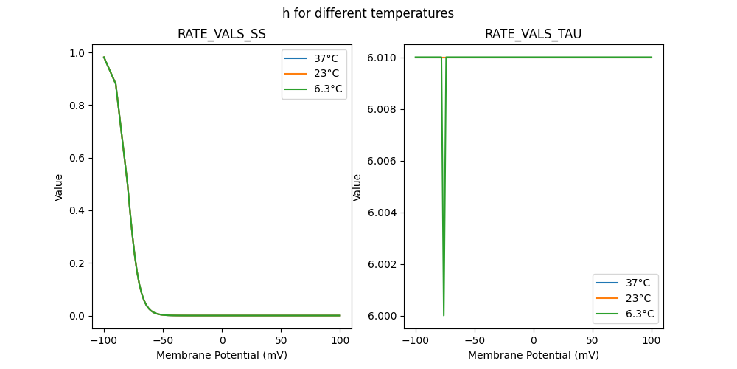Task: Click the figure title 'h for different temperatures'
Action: click(x=368, y=13)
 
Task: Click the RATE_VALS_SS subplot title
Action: click(x=222, y=34)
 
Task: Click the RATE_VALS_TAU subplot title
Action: click(x=533, y=34)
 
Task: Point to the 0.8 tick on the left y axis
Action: click(x=77, y=106)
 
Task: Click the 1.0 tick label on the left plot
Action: click(x=77, y=53)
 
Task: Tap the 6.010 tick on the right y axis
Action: click(x=383, y=58)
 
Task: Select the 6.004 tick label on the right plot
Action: click(x=383, y=213)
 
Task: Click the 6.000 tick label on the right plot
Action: click(x=383, y=316)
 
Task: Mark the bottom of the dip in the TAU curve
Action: click(x=444, y=315)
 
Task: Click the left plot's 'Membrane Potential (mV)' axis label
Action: click(x=222, y=355)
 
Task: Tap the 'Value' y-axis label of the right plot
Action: click(x=357, y=187)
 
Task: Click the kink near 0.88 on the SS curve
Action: click(x=116, y=83)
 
